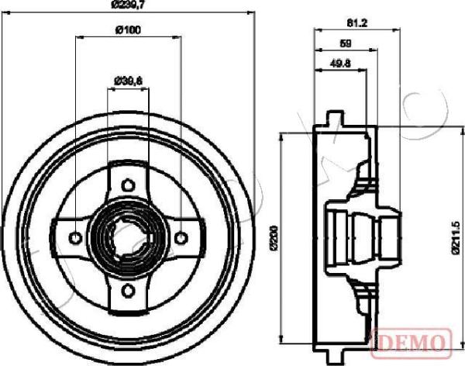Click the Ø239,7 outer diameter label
128,6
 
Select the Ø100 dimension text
128,31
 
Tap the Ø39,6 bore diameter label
128,79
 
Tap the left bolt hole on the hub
74,237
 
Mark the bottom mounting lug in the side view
334,354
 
